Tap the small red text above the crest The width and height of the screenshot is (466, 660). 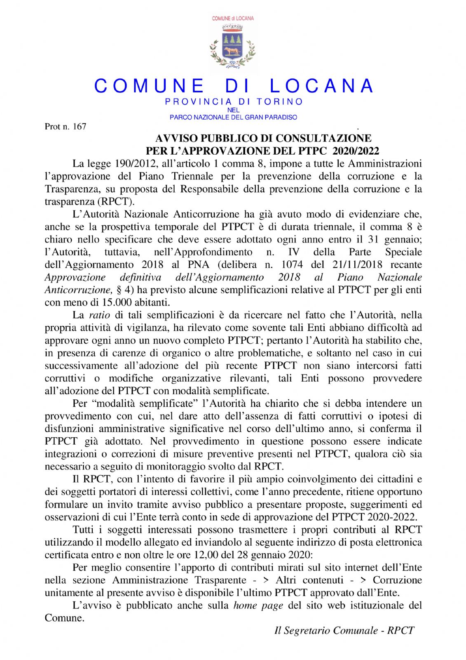[233, 19]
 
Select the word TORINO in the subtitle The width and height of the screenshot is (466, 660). [280, 101]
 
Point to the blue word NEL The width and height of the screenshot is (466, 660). [233, 110]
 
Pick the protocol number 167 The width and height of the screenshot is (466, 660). [79, 127]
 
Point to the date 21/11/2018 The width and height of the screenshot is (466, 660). [358, 264]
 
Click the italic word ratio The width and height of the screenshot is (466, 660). [99, 315]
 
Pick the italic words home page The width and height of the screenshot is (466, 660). [258, 605]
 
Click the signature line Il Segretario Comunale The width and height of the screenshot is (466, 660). [326, 630]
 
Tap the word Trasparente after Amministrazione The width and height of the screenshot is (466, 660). [220, 580]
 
